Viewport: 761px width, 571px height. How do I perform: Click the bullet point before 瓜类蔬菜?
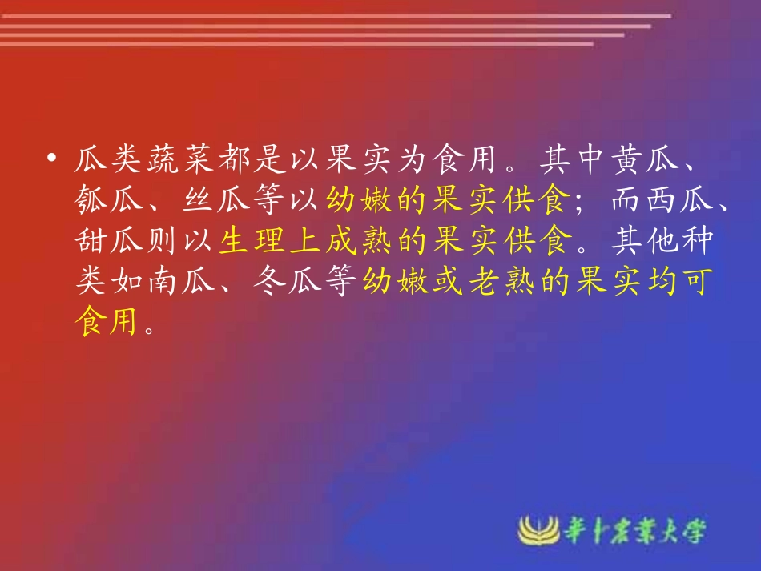click(x=52, y=160)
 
